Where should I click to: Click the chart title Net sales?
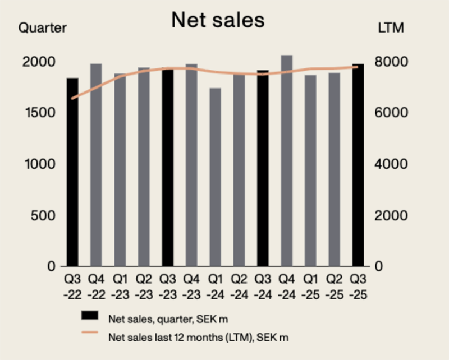[218, 20]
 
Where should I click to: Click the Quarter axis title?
[43, 27]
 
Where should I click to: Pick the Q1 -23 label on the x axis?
[120, 285]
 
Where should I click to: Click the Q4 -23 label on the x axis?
[191, 285]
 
